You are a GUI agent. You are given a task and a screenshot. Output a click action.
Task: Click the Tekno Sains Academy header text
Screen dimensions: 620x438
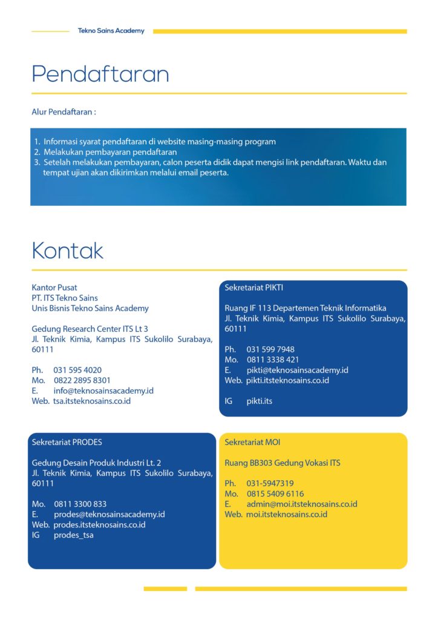(111, 31)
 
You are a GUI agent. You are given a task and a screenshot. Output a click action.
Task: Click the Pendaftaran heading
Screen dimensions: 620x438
(100, 74)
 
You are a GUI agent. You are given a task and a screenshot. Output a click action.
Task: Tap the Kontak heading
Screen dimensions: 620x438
(67, 251)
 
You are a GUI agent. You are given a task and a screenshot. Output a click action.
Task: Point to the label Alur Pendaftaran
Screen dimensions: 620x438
(64, 112)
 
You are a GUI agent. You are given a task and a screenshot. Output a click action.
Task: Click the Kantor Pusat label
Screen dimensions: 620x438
(54, 288)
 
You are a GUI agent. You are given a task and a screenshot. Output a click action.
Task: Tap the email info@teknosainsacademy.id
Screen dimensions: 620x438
(103, 391)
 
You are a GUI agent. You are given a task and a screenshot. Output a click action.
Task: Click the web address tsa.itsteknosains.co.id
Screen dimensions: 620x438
(92, 401)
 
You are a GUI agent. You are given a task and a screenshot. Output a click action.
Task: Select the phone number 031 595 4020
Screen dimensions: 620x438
(77, 370)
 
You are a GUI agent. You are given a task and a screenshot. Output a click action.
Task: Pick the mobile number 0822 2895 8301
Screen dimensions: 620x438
(82, 380)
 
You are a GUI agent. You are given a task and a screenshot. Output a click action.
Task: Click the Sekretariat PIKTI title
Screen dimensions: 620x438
(253, 288)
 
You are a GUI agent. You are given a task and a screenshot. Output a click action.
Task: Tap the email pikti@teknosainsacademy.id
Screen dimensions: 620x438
(297, 370)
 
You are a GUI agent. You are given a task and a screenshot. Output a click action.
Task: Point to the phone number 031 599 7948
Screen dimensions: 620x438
(270, 349)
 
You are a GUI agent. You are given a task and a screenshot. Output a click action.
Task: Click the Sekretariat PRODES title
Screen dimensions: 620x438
(67, 443)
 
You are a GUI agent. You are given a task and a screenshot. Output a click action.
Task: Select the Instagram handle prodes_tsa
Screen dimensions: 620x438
(74, 535)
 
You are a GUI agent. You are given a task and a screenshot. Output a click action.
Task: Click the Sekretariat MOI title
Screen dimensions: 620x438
(252, 443)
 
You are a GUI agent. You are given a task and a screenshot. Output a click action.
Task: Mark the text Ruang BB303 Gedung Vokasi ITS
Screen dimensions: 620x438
(283, 463)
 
